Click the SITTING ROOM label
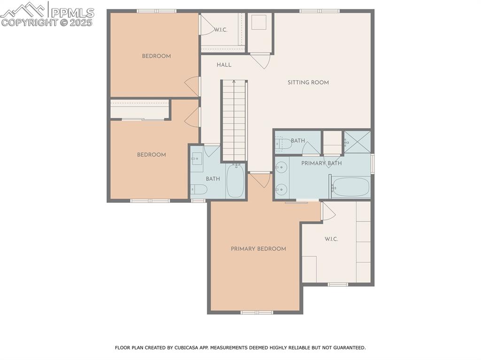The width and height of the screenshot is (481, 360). pos(308,83)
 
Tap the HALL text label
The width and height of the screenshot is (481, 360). pos(224,65)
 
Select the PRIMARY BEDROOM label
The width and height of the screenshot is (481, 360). pos(258,249)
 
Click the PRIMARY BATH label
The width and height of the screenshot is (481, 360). pos(321,163)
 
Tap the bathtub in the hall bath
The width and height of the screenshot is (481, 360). pos(235,180)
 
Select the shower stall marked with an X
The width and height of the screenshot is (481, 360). pos(357,142)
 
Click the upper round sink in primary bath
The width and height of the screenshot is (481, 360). pos(281,167)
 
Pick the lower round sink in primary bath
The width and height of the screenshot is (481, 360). pos(281,189)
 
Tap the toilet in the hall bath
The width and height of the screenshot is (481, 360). pos(199,189)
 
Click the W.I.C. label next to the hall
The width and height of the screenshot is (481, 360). pos(221,30)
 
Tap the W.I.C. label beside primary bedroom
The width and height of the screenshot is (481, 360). pos(331,239)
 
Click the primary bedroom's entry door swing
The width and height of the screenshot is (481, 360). pos(260,179)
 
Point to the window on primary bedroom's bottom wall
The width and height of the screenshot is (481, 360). pos(256,312)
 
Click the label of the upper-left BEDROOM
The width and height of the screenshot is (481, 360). pos(156,56)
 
